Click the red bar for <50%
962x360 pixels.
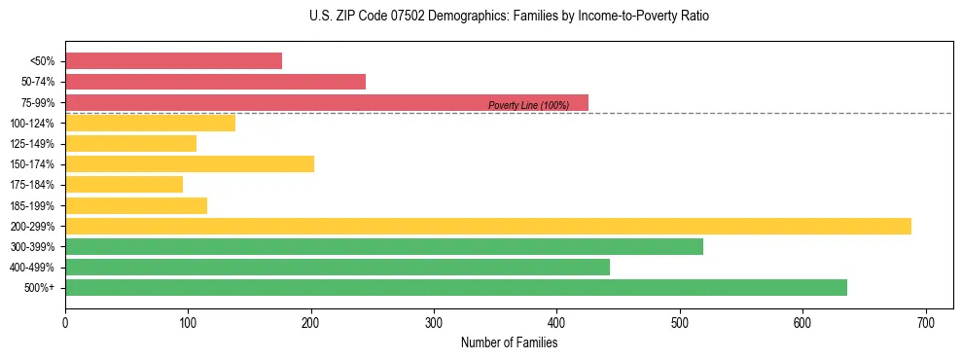pos(173,61)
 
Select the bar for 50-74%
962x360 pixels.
pos(215,82)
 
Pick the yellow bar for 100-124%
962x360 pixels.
pos(150,123)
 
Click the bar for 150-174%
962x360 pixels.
pos(189,163)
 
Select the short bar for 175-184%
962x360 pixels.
pos(124,184)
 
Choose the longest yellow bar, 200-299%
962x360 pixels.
pos(487,226)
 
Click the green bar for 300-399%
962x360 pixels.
pos(383,246)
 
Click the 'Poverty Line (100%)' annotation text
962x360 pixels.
pos(528,105)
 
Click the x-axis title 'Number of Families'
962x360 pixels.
pos(509,342)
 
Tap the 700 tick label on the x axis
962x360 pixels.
pos(926,322)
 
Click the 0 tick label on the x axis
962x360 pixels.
pos(65,322)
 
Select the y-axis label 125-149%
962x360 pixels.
pos(32,144)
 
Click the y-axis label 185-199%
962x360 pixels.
pos(32,205)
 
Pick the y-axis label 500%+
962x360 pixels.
pos(40,288)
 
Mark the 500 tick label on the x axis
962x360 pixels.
pos(680,322)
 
